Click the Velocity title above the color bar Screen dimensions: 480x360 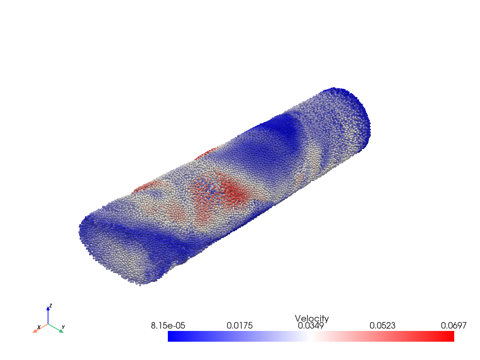point(312,318)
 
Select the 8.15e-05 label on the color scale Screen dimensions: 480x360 point(168,325)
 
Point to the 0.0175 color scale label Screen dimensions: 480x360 point(240,325)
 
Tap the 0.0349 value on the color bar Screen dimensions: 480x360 point(311,325)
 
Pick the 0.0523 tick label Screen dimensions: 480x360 point(382,325)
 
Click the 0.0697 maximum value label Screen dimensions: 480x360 point(454,325)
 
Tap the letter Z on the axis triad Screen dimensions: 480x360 point(51,306)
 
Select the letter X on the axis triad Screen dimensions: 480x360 point(39,328)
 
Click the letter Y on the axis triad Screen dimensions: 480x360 point(63,327)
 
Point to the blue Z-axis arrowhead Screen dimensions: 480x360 point(48,308)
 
